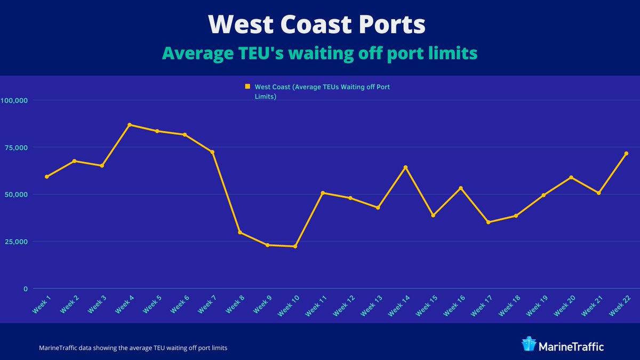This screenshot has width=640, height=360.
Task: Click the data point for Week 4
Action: tap(130, 125)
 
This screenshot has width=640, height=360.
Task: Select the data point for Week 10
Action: tap(295, 246)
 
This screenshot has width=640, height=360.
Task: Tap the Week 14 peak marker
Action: tap(405, 167)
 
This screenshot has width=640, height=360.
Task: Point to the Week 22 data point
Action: tap(626, 154)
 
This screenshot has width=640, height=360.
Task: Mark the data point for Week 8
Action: tap(240, 232)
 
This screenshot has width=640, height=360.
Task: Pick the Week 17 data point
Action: tap(488, 222)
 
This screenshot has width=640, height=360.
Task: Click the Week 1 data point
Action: tap(47, 177)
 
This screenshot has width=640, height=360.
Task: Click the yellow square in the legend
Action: tap(247, 86)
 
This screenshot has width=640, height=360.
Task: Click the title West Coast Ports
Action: tap(317, 25)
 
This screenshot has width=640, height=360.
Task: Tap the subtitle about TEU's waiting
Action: tap(319, 53)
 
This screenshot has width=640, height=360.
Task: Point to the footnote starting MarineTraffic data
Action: tap(133, 348)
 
